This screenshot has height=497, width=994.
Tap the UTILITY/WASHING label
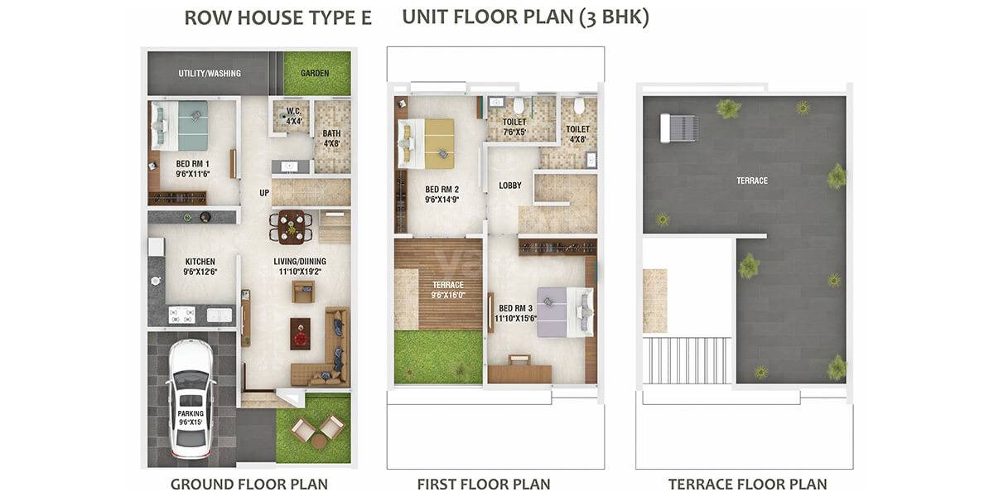210,74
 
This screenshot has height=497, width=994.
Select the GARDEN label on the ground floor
315,74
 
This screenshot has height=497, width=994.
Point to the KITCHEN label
199,266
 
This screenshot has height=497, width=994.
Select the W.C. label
293,115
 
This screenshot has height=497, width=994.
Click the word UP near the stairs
264,193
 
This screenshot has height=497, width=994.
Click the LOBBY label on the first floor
510,186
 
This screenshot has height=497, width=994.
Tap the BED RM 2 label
442,193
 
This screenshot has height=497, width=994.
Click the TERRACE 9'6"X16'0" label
448,288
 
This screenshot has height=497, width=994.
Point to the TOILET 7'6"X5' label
514,126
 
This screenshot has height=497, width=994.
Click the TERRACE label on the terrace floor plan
752,181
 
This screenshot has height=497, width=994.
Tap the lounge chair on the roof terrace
679,128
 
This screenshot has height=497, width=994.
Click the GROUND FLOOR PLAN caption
248,484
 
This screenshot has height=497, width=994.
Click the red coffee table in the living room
300,332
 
